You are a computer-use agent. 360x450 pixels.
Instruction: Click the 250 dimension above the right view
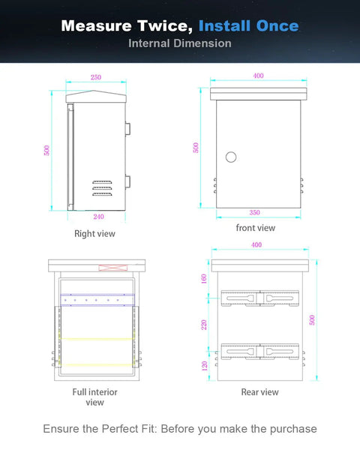(x=96, y=77)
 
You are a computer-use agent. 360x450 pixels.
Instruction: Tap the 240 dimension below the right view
(x=98, y=217)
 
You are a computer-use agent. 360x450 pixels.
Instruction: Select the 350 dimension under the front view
(x=255, y=212)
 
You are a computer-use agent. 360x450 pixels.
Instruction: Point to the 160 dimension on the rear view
(x=204, y=279)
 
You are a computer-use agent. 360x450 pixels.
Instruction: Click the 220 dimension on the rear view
(x=204, y=325)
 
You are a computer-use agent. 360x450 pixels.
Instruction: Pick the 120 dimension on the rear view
(x=205, y=366)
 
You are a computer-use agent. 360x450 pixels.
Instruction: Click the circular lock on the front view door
(x=231, y=157)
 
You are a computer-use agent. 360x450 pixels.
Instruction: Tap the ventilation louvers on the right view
(x=102, y=188)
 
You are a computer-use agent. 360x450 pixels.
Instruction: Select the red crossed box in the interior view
(x=113, y=268)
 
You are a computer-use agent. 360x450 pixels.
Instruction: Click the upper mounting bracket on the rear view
(x=259, y=298)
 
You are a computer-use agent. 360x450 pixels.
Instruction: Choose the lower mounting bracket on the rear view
(x=259, y=351)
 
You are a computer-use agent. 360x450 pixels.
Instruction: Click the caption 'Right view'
(x=94, y=233)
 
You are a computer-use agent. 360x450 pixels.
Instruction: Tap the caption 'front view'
(x=256, y=228)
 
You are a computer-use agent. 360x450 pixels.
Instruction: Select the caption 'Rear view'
(x=259, y=392)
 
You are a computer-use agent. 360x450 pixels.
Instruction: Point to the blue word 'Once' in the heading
(x=277, y=25)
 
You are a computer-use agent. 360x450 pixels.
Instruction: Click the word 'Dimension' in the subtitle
(x=202, y=43)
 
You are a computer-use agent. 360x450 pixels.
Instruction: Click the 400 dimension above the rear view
(x=256, y=244)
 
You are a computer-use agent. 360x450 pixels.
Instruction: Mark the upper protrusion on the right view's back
(x=127, y=129)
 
